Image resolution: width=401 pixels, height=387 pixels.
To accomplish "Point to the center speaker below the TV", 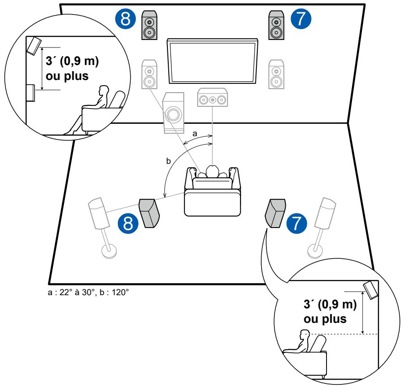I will pos(213,98).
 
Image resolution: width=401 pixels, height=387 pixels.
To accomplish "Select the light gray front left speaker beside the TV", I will pos(149,75).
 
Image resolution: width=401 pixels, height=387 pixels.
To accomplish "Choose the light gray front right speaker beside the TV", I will pos(276,74).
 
